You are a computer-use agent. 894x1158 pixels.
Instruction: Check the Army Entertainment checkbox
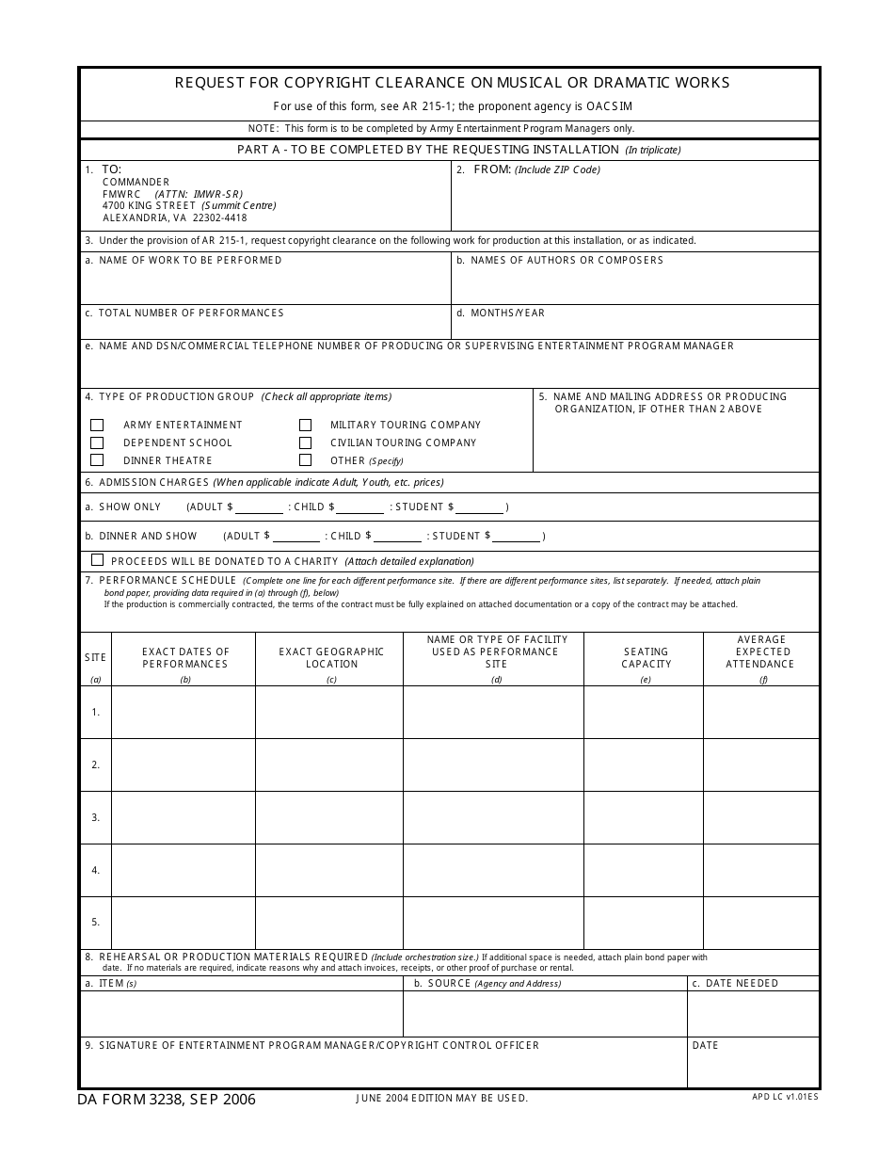point(97,425)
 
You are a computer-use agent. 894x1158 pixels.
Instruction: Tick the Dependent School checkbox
point(97,442)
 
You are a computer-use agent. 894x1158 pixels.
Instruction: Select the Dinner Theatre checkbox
point(97,460)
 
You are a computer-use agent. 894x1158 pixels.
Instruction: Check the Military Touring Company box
point(305,425)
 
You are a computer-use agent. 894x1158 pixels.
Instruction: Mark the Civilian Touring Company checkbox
point(305,442)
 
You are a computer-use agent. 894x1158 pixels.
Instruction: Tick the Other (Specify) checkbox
point(305,460)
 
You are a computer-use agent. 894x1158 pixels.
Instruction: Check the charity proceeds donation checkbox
point(97,560)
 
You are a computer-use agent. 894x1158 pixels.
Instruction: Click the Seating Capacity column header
point(646,657)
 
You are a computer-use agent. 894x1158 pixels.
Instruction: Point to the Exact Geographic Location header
point(331,657)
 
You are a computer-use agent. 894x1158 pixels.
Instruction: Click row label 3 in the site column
point(95,817)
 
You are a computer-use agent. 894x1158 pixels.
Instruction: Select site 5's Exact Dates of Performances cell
point(184,923)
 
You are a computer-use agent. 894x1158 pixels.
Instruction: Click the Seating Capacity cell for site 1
point(644,712)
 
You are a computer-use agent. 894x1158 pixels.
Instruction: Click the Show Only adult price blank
point(259,507)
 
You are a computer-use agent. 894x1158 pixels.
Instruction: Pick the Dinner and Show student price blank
point(517,537)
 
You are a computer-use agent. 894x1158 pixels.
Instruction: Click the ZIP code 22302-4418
point(219,217)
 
